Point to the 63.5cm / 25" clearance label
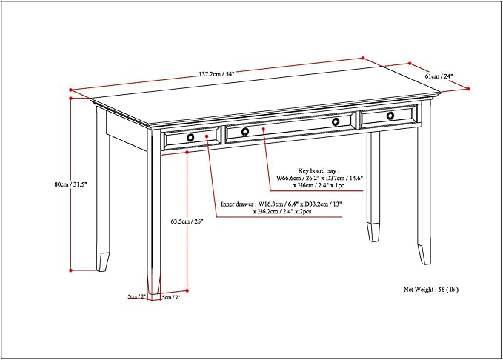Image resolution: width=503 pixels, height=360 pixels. click(186, 221)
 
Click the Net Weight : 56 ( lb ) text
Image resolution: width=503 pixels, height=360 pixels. click(436, 290)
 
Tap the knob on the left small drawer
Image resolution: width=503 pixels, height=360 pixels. click(190, 137)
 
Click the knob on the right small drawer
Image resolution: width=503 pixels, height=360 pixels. click(390, 116)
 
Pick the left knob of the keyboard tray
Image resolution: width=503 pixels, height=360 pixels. click(245, 131)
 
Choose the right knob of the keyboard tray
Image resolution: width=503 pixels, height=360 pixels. click(336, 121)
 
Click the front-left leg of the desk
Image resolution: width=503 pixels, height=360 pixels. click(154, 222)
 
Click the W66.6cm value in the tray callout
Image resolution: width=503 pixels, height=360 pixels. click(293, 178)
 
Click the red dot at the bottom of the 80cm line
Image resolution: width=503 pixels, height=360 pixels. click(71, 270)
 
